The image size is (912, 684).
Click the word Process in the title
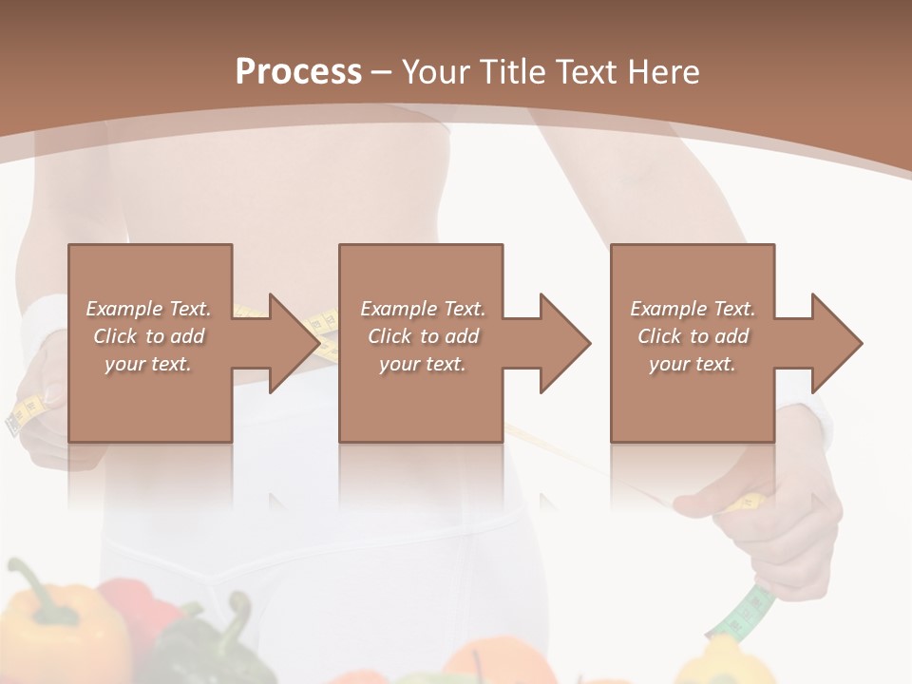(x=298, y=72)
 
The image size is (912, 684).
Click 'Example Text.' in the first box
(x=148, y=309)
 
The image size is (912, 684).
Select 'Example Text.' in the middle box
(x=423, y=309)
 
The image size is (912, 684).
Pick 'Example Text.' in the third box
(x=693, y=309)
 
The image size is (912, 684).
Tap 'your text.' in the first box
(x=148, y=364)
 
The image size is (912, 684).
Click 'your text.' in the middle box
(x=423, y=364)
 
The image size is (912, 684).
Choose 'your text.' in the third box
(x=693, y=364)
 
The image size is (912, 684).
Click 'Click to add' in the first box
(x=148, y=336)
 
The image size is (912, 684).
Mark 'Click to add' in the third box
(x=693, y=336)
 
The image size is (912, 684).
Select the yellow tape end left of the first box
(x=27, y=414)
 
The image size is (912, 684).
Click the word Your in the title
(x=436, y=72)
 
